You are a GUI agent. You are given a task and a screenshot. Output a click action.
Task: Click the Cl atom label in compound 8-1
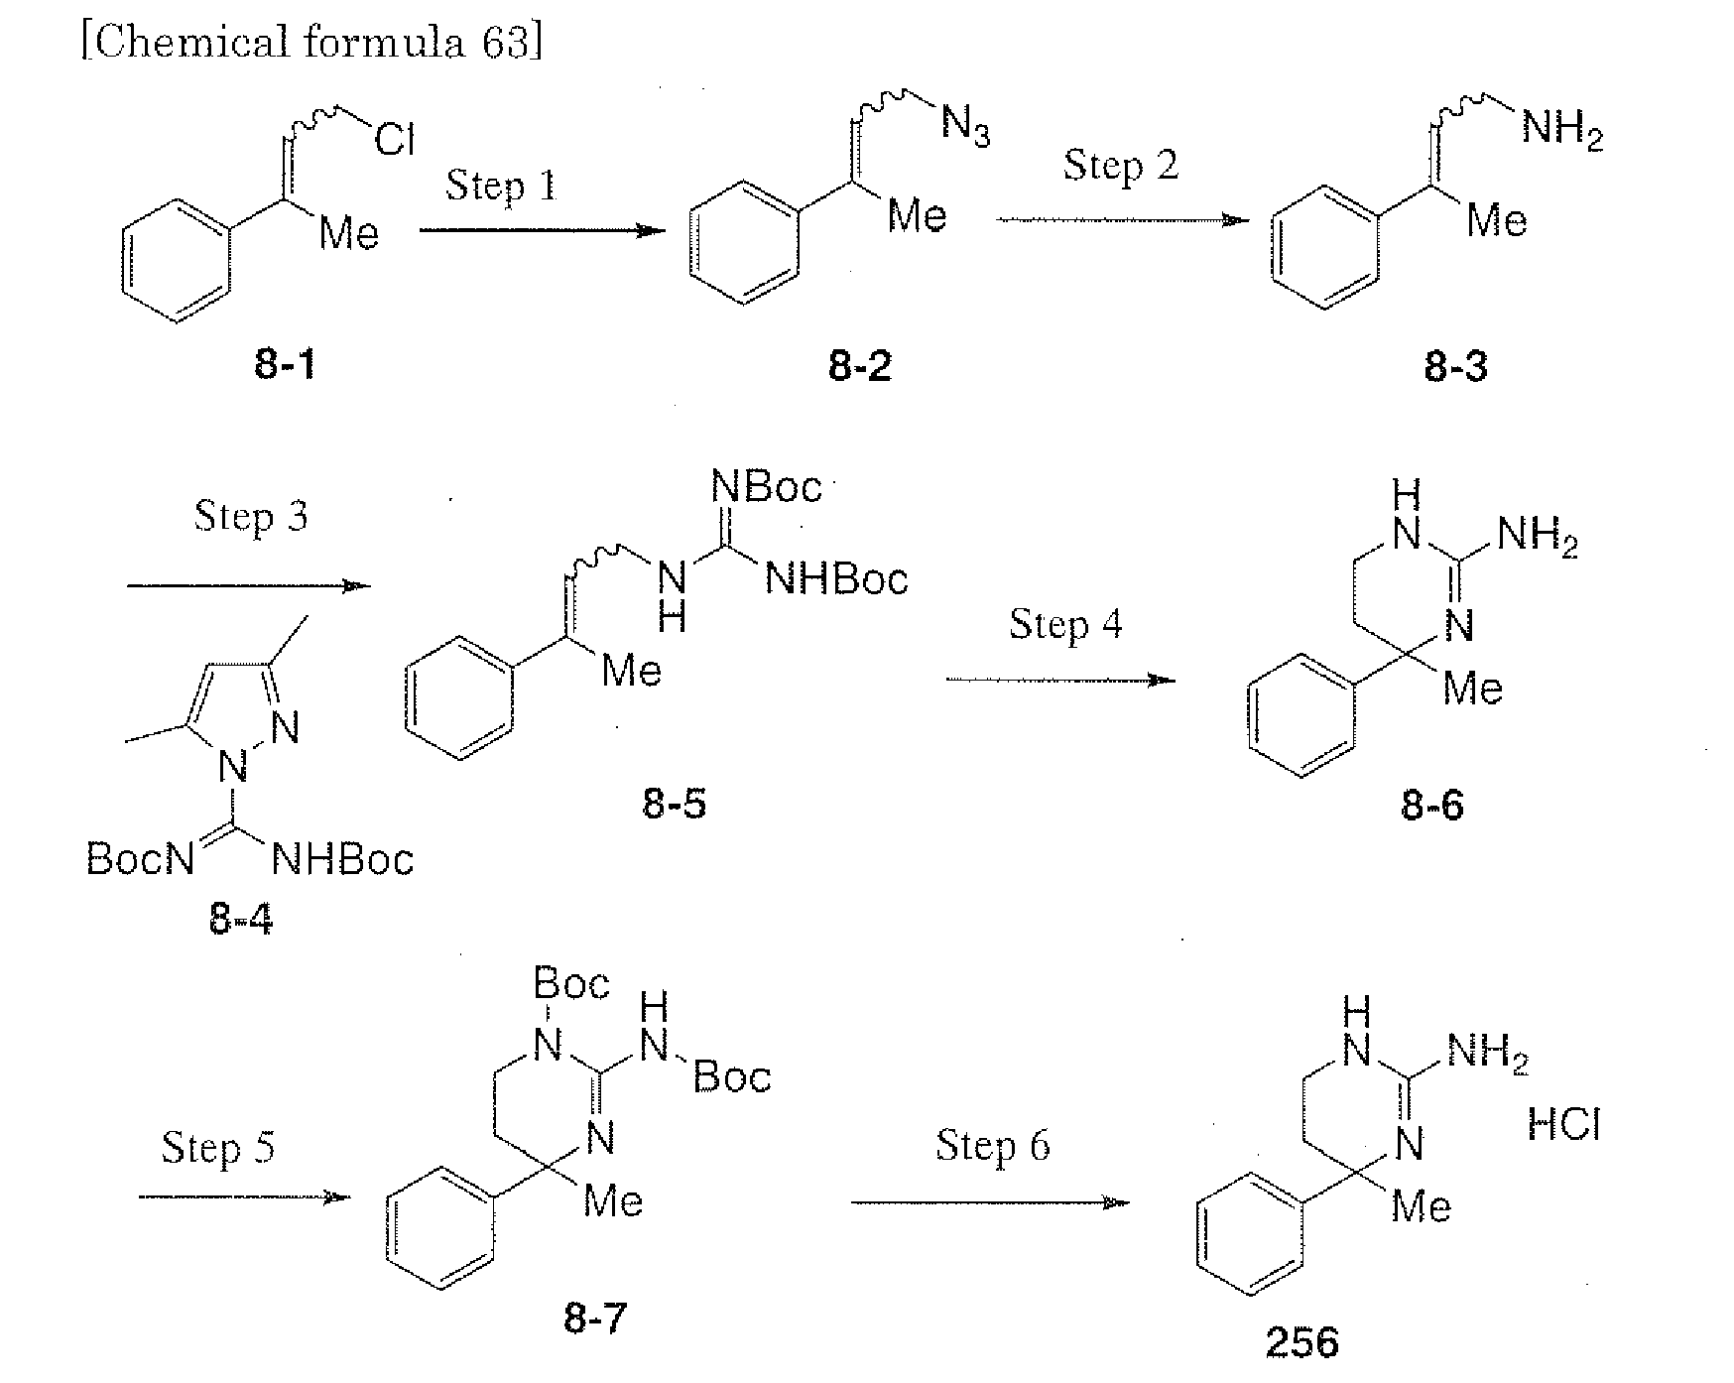[x=395, y=140]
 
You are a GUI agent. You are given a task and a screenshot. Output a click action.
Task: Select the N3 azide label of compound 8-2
[x=965, y=128]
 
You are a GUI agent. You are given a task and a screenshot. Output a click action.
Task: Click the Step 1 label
[x=501, y=185]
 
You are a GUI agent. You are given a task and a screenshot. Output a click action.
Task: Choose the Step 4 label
[x=1066, y=624]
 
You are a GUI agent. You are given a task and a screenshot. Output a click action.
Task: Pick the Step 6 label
[x=993, y=1146]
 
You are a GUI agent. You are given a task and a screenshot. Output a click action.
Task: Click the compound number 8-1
[x=285, y=366]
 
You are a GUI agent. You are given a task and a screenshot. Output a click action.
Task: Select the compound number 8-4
[x=241, y=921]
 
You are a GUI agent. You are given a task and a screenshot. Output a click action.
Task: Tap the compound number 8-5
[x=675, y=804]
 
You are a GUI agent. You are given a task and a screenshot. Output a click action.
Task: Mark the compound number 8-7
[x=596, y=1319]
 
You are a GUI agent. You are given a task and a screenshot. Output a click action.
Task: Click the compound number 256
[x=1302, y=1342]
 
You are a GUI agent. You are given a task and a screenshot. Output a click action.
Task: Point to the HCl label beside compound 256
[x=1563, y=1125]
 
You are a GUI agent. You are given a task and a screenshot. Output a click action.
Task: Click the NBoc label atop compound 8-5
[x=768, y=487]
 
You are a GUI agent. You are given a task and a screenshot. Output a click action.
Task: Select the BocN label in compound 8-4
[x=141, y=858]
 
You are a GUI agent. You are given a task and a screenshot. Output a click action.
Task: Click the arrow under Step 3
[x=249, y=585]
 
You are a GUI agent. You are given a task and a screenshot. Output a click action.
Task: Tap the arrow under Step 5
[x=245, y=1197]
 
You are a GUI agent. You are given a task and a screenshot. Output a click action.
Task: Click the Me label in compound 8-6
[x=1473, y=688]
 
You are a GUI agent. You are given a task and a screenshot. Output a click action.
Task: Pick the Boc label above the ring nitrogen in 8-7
[x=572, y=983]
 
